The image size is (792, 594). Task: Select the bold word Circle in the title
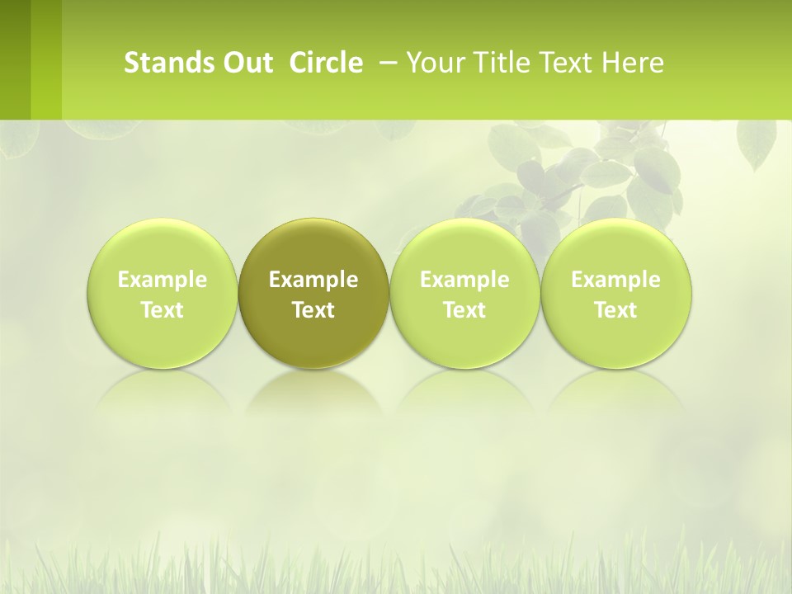point(326,63)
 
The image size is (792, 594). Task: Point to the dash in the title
point(385,62)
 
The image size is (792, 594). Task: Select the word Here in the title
point(633,63)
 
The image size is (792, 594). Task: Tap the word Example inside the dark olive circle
point(313,280)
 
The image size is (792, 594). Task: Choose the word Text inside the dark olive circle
point(313,310)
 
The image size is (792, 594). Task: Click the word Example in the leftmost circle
point(163,280)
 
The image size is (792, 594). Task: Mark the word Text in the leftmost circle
point(163,310)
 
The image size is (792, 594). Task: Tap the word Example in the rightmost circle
point(616,280)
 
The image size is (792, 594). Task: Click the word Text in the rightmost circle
point(616,310)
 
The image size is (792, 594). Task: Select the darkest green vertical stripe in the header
point(15,59)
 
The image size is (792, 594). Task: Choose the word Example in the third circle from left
point(464,280)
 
